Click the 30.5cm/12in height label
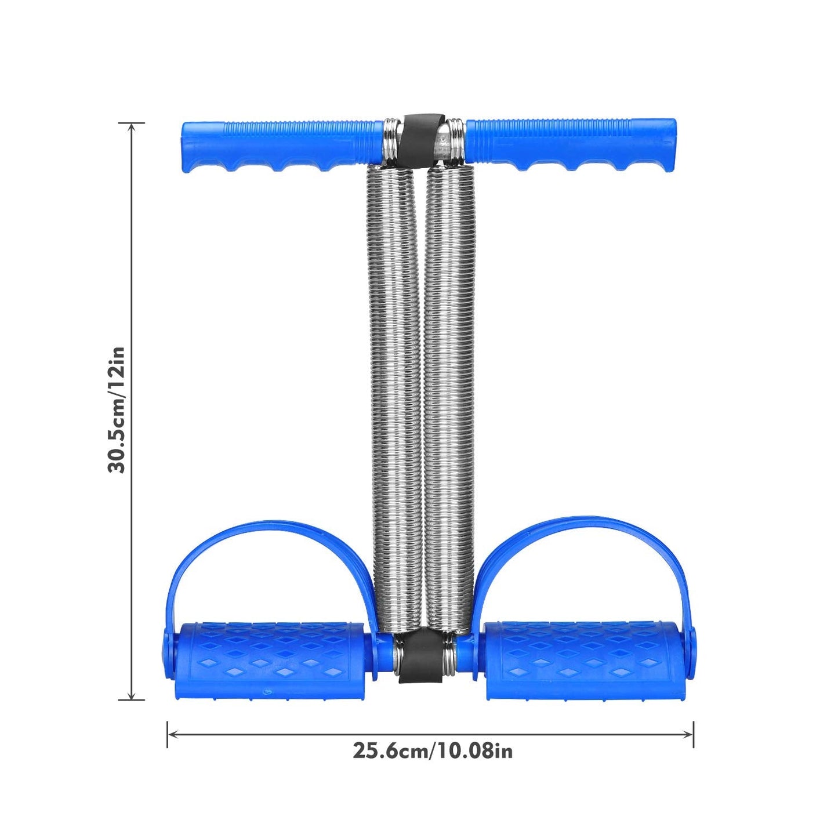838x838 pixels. (x=117, y=410)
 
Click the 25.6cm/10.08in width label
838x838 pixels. (x=433, y=751)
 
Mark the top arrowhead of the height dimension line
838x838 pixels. (x=132, y=126)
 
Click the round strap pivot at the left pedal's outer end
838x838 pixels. (x=168, y=652)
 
